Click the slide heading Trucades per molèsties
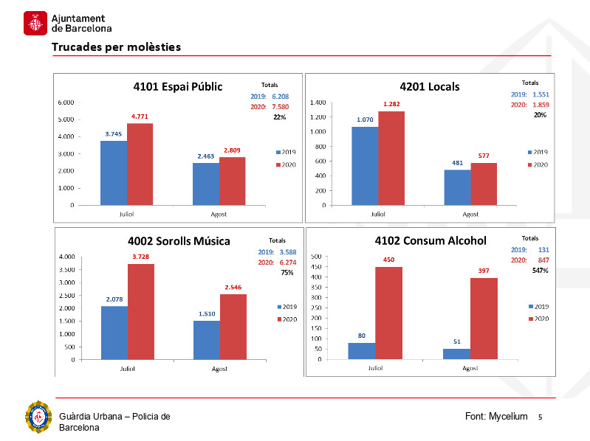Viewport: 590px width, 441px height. click(x=116, y=47)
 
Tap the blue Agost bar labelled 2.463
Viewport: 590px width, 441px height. click(x=205, y=184)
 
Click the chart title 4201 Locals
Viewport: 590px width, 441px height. click(x=429, y=86)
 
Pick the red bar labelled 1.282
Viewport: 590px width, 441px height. click(x=391, y=158)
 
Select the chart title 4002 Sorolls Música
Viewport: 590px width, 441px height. click(x=178, y=241)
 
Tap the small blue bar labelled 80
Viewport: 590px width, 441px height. click(x=362, y=351)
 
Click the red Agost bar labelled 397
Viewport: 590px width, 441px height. click(x=484, y=319)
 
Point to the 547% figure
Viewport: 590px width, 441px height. click(x=540, y=271)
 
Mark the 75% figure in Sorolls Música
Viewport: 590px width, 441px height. click(x=287, y=272)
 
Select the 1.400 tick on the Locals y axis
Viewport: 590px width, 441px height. click(x=319, y=103)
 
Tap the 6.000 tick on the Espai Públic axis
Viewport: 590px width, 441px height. click(x=66, y=102)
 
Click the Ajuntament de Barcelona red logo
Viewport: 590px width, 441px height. click(x=35, y=23)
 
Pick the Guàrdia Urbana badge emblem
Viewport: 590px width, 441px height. click(x=38, y=417)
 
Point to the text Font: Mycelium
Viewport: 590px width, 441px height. click(x=496, y=417)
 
